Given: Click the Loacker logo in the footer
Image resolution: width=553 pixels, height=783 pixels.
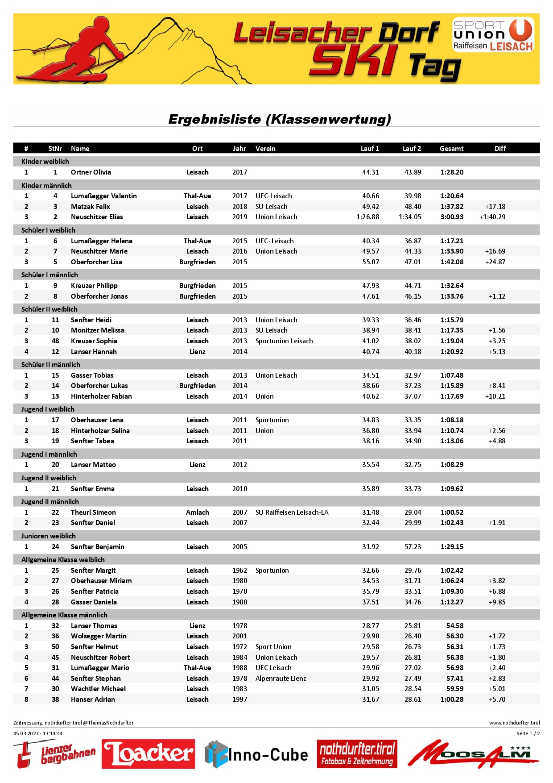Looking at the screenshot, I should (148, 754).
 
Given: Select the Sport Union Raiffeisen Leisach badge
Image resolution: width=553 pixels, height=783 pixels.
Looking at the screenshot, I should (493, 34).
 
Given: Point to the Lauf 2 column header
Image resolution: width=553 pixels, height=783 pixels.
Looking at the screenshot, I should (412, 149).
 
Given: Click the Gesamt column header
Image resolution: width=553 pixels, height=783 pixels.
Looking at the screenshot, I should (451, 149).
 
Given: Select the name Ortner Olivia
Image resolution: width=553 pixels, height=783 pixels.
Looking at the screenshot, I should (91, 172).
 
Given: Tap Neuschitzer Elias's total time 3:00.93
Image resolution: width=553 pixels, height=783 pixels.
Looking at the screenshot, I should (452, 217).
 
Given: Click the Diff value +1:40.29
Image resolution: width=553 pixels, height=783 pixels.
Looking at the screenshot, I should (492, 217).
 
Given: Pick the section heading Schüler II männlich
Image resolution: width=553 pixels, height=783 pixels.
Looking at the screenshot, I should (51, 365).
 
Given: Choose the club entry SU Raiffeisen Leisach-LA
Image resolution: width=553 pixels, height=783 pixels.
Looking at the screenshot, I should (292, 512).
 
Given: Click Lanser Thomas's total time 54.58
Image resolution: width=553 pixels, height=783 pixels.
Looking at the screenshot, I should (455, 626).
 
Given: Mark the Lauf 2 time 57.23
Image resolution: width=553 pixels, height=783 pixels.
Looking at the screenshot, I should (413, 547).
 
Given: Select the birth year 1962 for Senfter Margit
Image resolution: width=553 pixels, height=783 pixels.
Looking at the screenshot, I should (239, 571).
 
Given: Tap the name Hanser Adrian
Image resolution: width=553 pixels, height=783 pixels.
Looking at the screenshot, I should (93, 700).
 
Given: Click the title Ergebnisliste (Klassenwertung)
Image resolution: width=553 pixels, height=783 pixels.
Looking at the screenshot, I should (280, 119).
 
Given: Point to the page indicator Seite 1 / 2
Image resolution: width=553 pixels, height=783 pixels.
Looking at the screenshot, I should (528, 733).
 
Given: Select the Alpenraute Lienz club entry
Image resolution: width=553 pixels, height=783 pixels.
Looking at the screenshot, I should (281, 679).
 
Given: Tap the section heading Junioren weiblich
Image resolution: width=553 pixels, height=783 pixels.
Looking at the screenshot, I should (49, 536).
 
